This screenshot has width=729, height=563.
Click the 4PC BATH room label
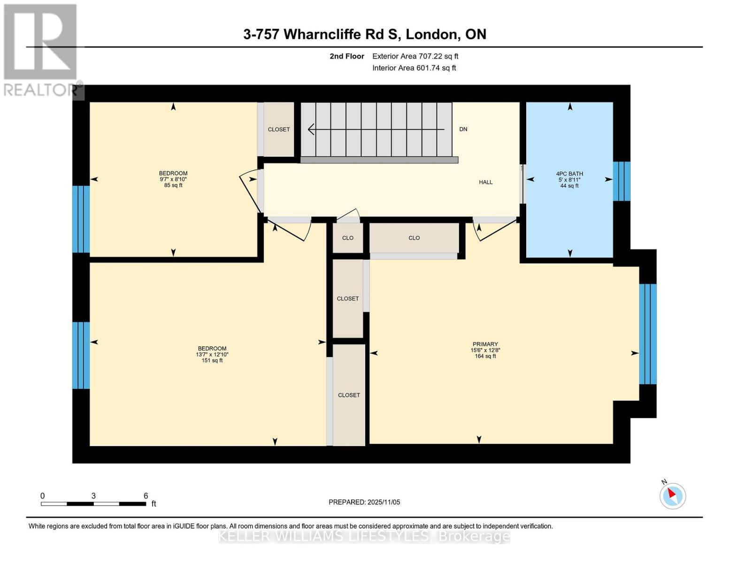569,174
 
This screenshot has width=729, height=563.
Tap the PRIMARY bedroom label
485,344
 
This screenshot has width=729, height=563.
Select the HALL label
485,182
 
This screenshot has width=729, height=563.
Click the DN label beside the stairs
463,129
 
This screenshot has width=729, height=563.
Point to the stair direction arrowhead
311,129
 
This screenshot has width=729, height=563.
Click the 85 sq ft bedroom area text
173,185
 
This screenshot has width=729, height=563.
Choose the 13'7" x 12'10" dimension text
212,354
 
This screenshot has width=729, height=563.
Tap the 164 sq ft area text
485,356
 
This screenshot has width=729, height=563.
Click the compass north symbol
672,495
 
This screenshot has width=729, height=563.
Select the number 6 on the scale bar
146,495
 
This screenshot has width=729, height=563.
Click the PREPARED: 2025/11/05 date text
364,502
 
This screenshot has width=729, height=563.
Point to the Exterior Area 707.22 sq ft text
415,56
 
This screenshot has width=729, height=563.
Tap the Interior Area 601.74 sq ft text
414,68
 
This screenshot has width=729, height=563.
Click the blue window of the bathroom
622,182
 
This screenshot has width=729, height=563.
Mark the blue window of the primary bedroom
647,334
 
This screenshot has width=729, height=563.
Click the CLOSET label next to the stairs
278,129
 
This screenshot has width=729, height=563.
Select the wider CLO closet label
414,238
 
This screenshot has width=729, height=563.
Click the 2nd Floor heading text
347,56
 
